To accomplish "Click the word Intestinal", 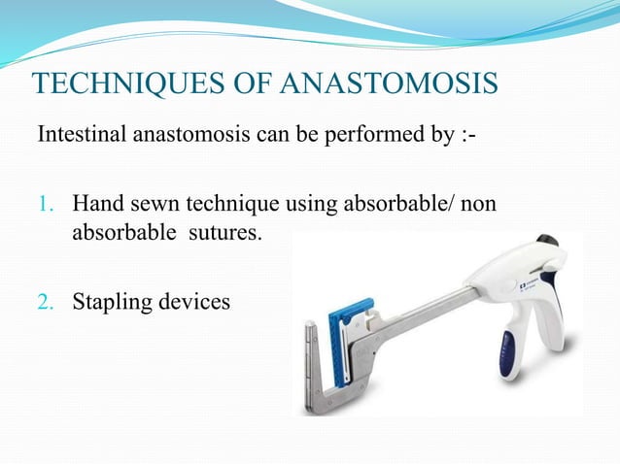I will pos(78,132).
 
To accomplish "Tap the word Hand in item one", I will pos(96,205).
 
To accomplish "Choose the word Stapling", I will pos(113,302).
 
